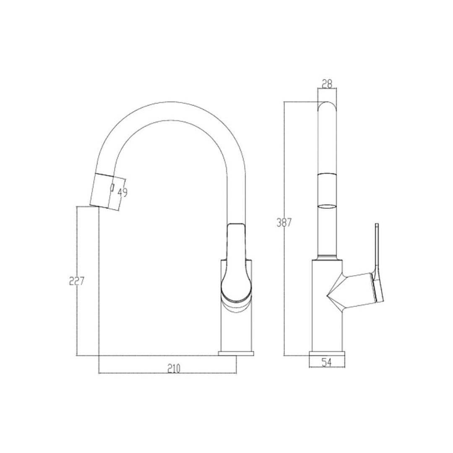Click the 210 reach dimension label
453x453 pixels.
pos(173,369)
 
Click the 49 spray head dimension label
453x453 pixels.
pos(122,193)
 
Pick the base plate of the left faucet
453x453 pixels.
pos(237,353)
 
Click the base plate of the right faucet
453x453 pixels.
pos(327,352)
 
